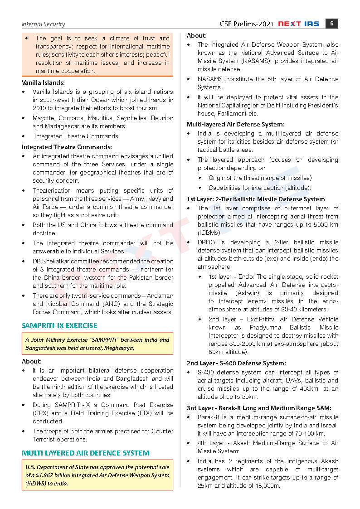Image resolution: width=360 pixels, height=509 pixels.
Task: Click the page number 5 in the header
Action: (x=332, y=24)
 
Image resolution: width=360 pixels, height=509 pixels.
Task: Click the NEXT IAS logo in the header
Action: (x=300, y=24)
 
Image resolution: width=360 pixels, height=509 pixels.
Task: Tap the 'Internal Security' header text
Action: (x=44, y=24)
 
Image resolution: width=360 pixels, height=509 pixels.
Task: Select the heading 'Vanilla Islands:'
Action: (x=43, y=82)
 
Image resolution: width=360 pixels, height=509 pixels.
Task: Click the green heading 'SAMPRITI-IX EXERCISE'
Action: (x=59, y=325)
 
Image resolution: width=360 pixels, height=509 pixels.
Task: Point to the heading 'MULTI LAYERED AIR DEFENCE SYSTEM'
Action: (x=86, y=453)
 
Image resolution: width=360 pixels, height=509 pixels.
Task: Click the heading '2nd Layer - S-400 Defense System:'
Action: (x=236, y=363)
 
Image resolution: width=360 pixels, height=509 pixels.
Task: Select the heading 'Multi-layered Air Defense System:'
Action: (x=236, y=124)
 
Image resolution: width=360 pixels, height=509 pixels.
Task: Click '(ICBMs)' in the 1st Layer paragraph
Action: (x=209, y=233)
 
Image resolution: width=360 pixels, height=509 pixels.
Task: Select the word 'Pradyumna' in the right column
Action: (x=267, y=327)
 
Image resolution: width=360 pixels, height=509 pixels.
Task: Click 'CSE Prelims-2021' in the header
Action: (x=247, y=24)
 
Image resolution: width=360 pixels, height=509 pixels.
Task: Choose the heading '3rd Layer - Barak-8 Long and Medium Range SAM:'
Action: (x=259, y=408)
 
